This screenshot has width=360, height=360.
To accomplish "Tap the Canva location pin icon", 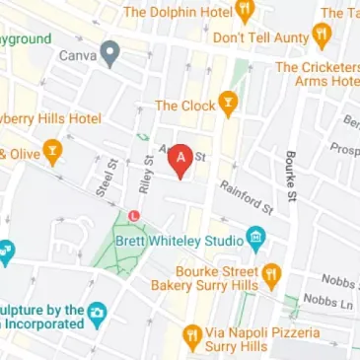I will point(110,53).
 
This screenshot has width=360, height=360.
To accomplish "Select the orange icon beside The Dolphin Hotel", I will point(244,11).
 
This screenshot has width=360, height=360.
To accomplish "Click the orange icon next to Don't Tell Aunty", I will point(322,36).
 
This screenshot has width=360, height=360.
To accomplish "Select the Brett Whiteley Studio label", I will point(192,241).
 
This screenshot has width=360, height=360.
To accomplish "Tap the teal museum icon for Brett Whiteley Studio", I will point(255,239).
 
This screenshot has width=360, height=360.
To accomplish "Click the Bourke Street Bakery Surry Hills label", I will point(217,277).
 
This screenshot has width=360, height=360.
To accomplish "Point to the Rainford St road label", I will point(247,196).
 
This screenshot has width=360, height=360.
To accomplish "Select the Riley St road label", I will point(146,175).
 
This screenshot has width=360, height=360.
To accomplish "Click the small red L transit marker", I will point(134,215).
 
